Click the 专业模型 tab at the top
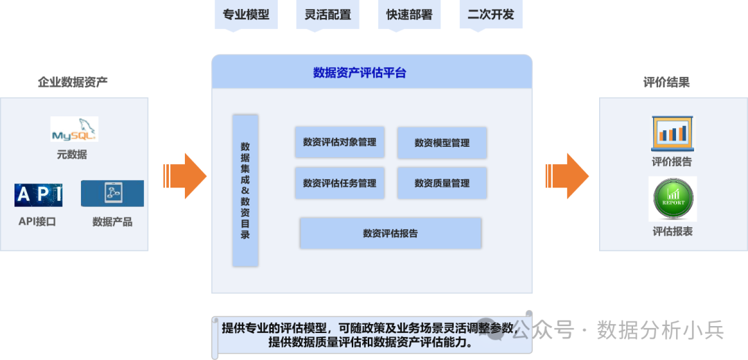tap(246, 15)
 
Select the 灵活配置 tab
tap(328, 15)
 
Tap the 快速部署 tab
tap(409, 15)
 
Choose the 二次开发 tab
tap(491, 15)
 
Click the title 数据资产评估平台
tap(359, 73)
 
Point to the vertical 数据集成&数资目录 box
tap(245, 190)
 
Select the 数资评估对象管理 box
tap(339, 143)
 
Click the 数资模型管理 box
tap(442, 143)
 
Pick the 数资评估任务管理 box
tap(339, 183)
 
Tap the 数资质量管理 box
tap(442, 183)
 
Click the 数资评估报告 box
tap(390, 233)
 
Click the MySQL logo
tap(74, 129)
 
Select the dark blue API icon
tap(39, 195)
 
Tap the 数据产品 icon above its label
tap(112, 193)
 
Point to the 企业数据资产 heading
tap(73, 82)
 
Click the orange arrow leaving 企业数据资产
tap(186, 176)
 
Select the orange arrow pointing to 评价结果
tap(567, 176)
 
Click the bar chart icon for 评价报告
tap(673, 133)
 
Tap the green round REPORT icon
tap(672, 199)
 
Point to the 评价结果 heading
tap(666, 82)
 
